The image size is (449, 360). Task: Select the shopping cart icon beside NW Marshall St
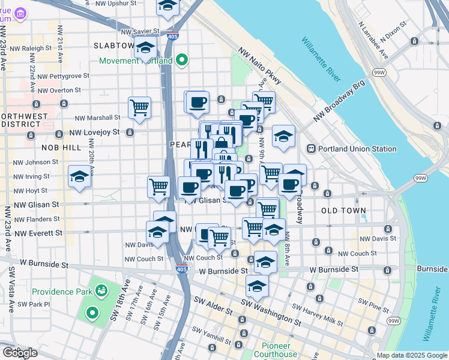click(139, 108)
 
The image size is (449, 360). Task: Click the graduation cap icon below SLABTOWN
click(145, 48)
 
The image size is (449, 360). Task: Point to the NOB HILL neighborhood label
click(61, 147)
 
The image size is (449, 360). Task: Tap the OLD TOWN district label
click(343, 211)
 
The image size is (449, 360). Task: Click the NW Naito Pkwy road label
click(259, 65)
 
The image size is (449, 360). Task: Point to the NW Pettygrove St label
click(62, 76)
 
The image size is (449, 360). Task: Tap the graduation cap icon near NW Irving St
click(79, 176)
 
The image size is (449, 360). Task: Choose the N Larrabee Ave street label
click(373, 41)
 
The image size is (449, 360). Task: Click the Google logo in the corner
click(20, 353)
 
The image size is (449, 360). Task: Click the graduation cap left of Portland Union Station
click(283, 136)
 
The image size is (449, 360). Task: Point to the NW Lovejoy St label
click(94, 132)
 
